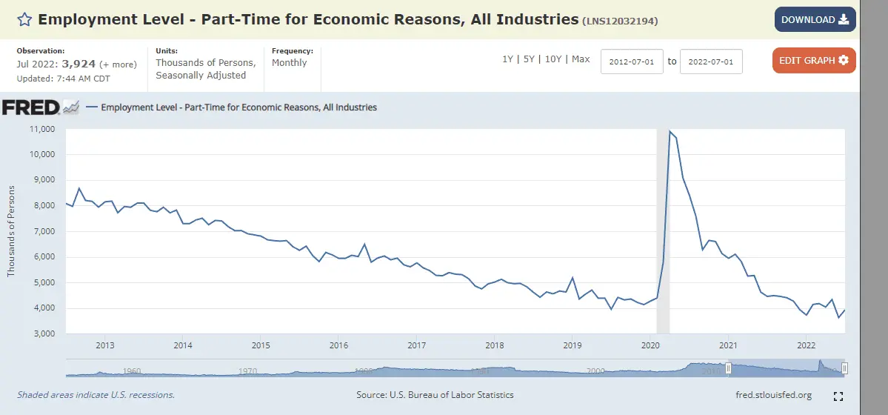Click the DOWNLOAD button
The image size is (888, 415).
click(815, 20)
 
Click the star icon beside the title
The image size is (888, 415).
click(24, 20)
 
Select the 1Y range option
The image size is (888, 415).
click(507, 59)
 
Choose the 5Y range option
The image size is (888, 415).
click(529, 59)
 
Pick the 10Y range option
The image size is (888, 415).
click(553, 59)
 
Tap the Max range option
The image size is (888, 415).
click(581, 59)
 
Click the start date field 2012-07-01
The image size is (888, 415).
click(632, 62)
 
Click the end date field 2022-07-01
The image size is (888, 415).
click(711, 62)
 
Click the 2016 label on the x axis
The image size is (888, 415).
click(338, 345)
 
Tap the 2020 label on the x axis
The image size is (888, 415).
click(650, 345)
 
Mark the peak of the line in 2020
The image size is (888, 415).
click(670, 131)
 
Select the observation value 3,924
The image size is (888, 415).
click(79, 64)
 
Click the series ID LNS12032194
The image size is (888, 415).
click(621, 21)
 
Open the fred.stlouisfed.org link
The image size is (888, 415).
click(773, 395)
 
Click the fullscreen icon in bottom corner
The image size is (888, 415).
click(839, 396)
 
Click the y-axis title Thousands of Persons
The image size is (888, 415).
click(11, 232)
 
